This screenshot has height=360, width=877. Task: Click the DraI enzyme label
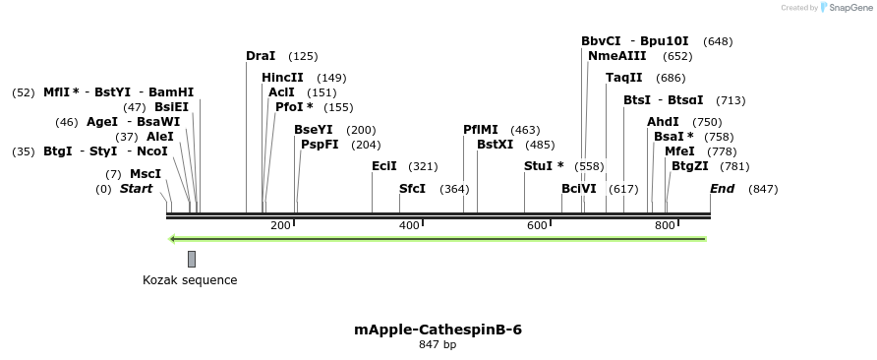click(x=261, y=56)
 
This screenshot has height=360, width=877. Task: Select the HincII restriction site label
click(x=282, y=78)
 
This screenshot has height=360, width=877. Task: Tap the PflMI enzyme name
click(x=481, y=130)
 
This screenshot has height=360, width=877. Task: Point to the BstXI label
click(x=495, y=145)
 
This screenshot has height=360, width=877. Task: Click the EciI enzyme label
click(x=384, y=166)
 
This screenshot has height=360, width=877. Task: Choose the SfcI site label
click(x=412, y=188)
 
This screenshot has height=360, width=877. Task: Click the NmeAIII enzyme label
click(x=616, y=56)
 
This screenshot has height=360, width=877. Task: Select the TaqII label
click(x=623, y=78)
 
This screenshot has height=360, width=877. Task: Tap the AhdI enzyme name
click(x=663, y=122)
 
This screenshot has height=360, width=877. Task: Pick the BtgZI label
click(x=689, y=166)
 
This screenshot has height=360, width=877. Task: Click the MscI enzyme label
click(x=146, y=173)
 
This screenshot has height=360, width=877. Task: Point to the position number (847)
click(x=763, y=188)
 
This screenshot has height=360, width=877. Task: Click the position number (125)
click(x=303, y=56)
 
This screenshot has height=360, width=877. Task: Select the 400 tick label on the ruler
click(x=409, y=226)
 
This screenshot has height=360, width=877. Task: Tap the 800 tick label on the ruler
click(x=665, y=226)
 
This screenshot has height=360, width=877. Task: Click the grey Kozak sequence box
click(x=192, y=259)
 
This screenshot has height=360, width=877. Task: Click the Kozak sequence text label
click(x=190, y=280)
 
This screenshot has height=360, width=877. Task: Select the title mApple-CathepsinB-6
click(x=438, y=330)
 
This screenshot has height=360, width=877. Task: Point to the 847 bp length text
click(x=438, y=345)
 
